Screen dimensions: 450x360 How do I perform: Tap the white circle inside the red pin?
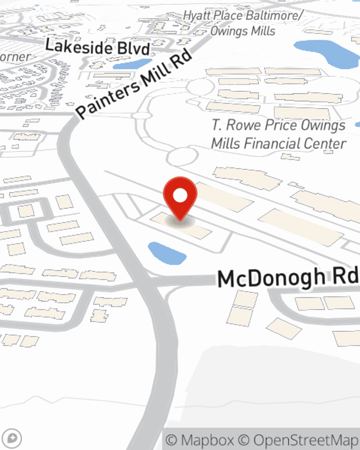[x=180, y=195]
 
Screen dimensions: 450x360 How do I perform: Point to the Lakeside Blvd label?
[x=97, y=48]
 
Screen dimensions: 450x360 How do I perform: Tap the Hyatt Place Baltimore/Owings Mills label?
[x=243, y=23]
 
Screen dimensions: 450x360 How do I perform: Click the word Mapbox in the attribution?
[x=207, y=440]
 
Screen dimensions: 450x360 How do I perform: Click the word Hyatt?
[x=197, y=15]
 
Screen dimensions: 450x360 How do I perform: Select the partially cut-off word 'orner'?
[x=14, y=57]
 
